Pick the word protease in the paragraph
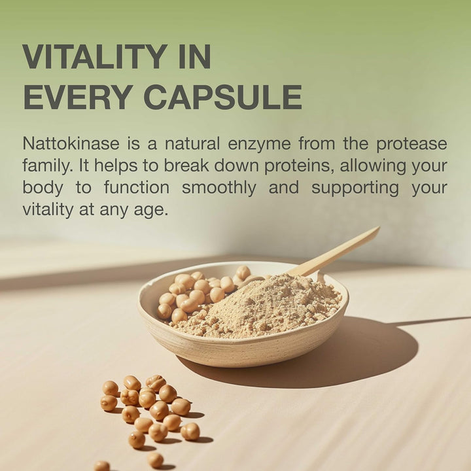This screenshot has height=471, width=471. click(411, 143)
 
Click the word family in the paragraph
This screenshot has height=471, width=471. click(44, 166)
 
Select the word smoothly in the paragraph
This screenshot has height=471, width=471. click(218, 188)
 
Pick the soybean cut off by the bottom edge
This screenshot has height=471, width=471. click(101, 466)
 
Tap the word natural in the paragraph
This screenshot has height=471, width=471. click(189, 143)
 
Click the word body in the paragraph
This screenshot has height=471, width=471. click(43, 188)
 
